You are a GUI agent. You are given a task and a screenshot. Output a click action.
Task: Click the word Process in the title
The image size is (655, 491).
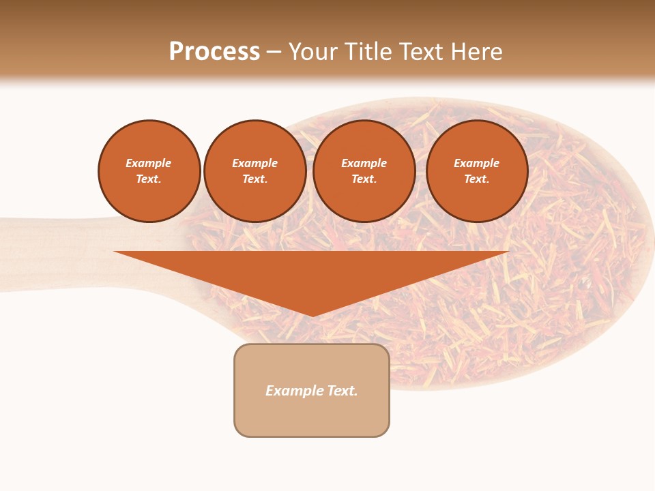coord(214,52)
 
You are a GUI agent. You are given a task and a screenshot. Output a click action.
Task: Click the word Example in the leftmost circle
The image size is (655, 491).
coord(149,163)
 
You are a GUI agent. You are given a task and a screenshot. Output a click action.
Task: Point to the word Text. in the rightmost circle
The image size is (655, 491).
coord(476,179)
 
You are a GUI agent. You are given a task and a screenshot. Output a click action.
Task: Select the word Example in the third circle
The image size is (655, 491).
coord(364,163)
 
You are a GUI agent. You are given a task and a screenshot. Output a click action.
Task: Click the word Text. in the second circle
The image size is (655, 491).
coord(255,179)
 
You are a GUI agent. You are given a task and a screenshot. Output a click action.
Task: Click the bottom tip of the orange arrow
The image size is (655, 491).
coord(312,314)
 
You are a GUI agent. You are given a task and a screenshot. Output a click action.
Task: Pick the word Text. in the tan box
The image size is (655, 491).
coord(342,391)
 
